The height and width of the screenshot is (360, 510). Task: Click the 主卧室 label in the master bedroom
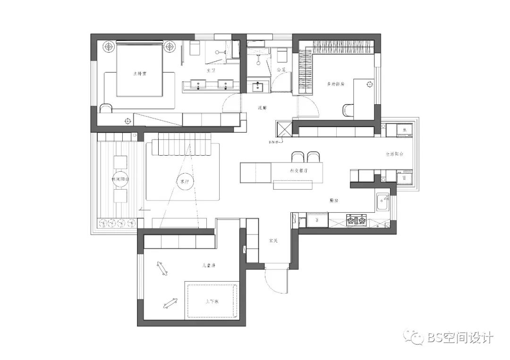[139, 74]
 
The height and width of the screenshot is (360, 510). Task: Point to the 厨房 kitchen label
[333, 201]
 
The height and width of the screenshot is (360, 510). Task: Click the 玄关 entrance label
[273, 241]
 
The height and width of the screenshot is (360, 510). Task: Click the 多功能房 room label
[336, 84]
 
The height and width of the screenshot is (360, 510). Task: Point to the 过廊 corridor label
[262, 108]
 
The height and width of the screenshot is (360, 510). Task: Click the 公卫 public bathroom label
[281, 70]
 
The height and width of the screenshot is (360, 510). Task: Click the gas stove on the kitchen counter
[357, 219]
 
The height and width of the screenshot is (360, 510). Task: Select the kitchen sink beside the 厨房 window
[382, 203]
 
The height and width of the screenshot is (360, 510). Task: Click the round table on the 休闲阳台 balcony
[120, 176]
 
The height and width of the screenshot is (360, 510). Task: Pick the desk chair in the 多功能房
[348, 109]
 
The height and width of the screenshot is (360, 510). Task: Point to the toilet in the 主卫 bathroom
[195, 48]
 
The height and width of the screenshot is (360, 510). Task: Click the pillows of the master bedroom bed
[139, 48]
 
